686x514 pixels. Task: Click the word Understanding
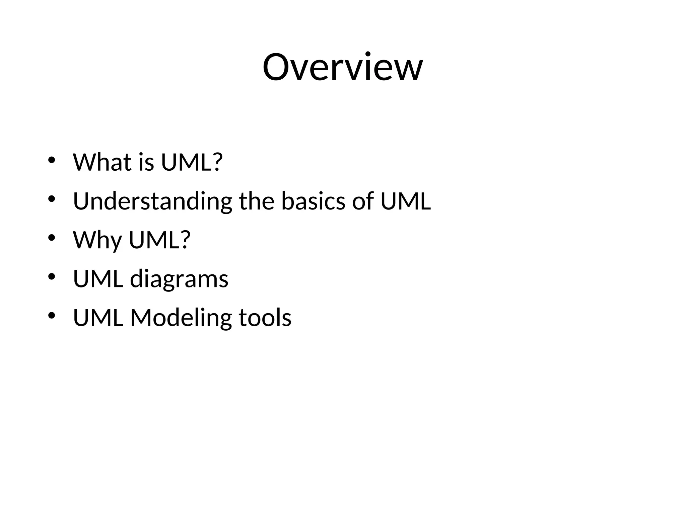click(x=152, y=201)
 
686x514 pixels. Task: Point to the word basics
click(x=313, y=201)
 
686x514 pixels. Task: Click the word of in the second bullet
click(x=363, y=201)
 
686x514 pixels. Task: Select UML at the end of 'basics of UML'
click(x=406, y=201)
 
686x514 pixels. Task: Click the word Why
click(x=97, y=240)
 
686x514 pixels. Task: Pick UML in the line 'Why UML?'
click(x=155, y=240)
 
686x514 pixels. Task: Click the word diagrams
click(x=179, y=279)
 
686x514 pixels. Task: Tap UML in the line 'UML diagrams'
click(x=98, y=279)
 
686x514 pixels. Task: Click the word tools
click(x=265, y=318)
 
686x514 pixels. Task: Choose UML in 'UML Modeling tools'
click(x=98, y=318)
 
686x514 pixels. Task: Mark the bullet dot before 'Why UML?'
click(x=51, y=238)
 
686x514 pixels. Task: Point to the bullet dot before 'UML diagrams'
click(x=51, y=276)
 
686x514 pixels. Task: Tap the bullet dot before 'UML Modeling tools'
click(x=51, y=315)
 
